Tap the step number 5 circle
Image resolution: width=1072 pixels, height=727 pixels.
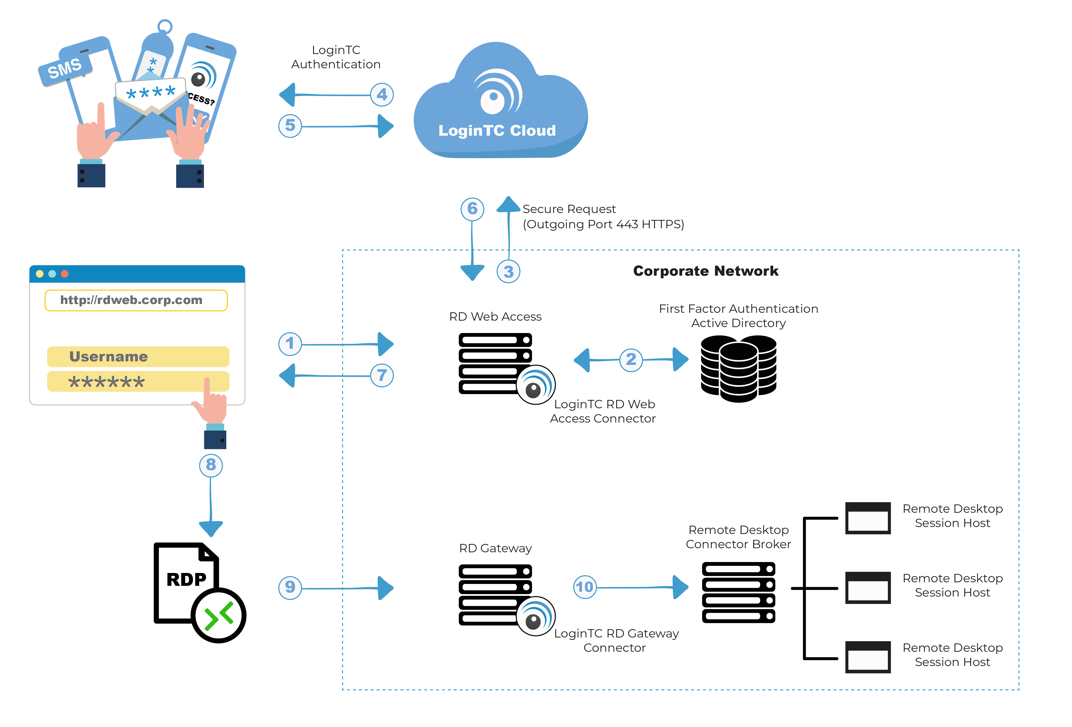click(x=290, y=125)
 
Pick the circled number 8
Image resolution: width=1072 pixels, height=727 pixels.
click(x=211, y=465)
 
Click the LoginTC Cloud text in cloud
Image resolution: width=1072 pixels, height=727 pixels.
click(x=497, y=131)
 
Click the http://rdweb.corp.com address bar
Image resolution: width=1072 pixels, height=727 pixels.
click(x=136, y=300)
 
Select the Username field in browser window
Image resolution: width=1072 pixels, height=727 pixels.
click(x=138, y=356)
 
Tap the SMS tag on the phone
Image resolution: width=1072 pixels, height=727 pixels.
click(x=65, y=68)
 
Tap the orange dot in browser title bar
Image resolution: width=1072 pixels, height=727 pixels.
click(x=64, y=274)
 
